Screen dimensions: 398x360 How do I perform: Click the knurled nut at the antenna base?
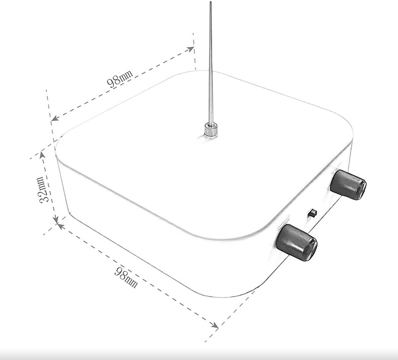(x=211, y=130)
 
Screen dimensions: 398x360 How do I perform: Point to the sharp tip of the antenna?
(x=211, y=3)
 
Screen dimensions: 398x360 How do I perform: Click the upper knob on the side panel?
(x=348, y=185)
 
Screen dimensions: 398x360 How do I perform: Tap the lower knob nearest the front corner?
(x=297, y=242)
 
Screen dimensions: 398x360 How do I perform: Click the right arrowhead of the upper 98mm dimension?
(x=190, y=49)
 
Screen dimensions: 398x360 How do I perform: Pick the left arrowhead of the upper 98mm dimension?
(x=55, y=118)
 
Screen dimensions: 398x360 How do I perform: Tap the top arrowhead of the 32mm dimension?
(x=42, y=155)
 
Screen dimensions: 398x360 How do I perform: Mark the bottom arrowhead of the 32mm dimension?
(x=56, y=220)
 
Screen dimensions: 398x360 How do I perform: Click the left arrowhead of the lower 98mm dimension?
(x=60, y=226)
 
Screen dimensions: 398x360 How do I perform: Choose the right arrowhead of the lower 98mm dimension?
(x=215, y=325)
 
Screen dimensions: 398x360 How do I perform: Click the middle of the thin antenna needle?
(x=211, y=62)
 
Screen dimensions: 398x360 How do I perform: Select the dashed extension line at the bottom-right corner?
(x=230, y=316)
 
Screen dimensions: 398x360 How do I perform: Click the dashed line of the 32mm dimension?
(x=49, y=187)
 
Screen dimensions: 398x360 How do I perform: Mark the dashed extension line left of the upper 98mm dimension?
(x=50, y=115)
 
